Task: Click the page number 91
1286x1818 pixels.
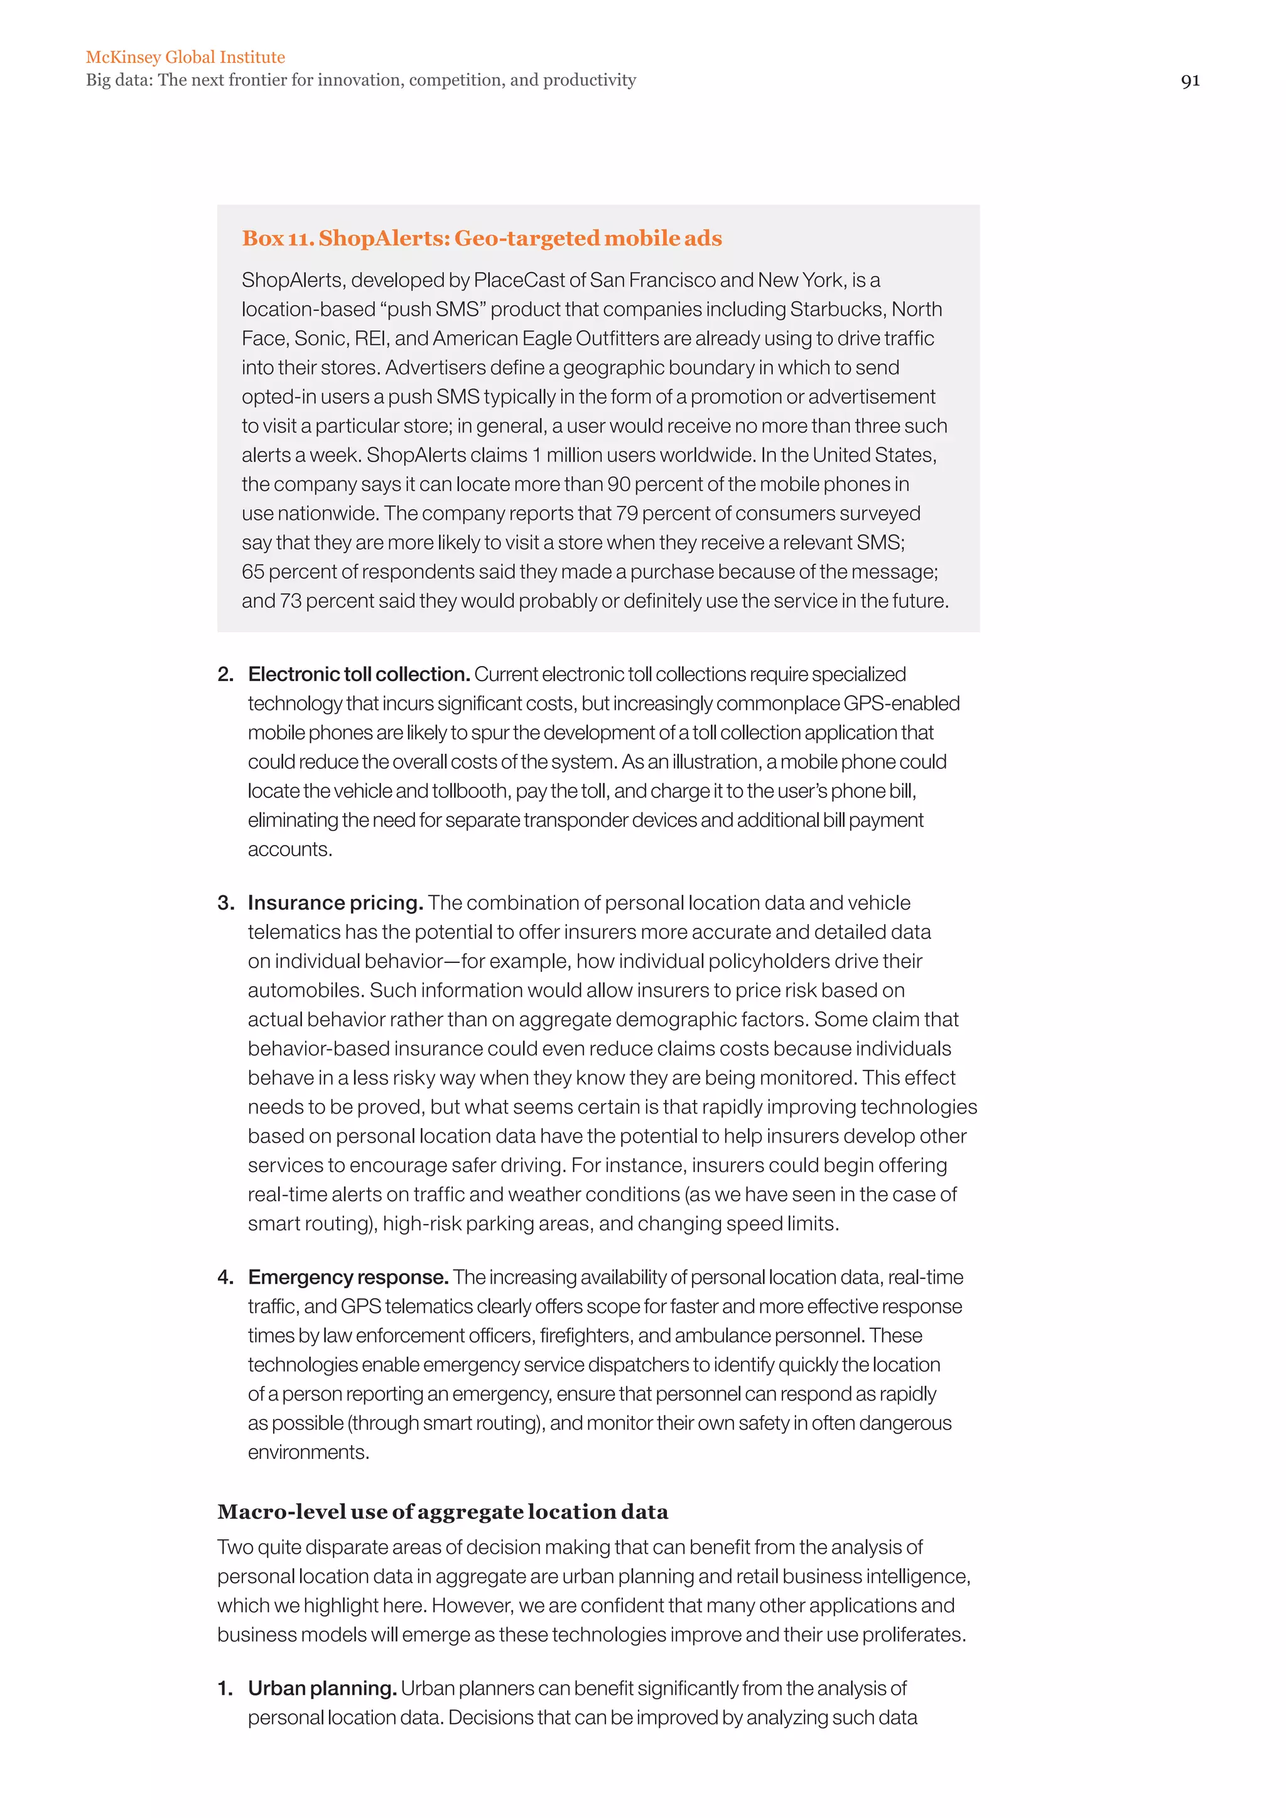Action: pos(1189,81)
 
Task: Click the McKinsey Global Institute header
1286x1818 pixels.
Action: pos(185,57)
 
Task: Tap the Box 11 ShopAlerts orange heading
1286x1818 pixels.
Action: pos(482,239)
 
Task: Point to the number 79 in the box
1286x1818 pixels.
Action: pos(627,514)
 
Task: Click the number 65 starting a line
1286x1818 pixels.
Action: pos(254,572)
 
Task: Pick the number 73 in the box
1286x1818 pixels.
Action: pos(291,601)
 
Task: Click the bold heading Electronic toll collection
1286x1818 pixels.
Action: pos(359,675)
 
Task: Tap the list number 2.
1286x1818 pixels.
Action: pos(225,675)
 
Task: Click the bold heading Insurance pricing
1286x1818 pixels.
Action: pos(335,903)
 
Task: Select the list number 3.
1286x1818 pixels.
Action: pos(225,903)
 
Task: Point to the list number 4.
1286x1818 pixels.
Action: pos(225,1277)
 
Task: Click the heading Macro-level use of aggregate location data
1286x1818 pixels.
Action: pos(443,1512)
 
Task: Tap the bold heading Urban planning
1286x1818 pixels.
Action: pos(322,1689)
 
